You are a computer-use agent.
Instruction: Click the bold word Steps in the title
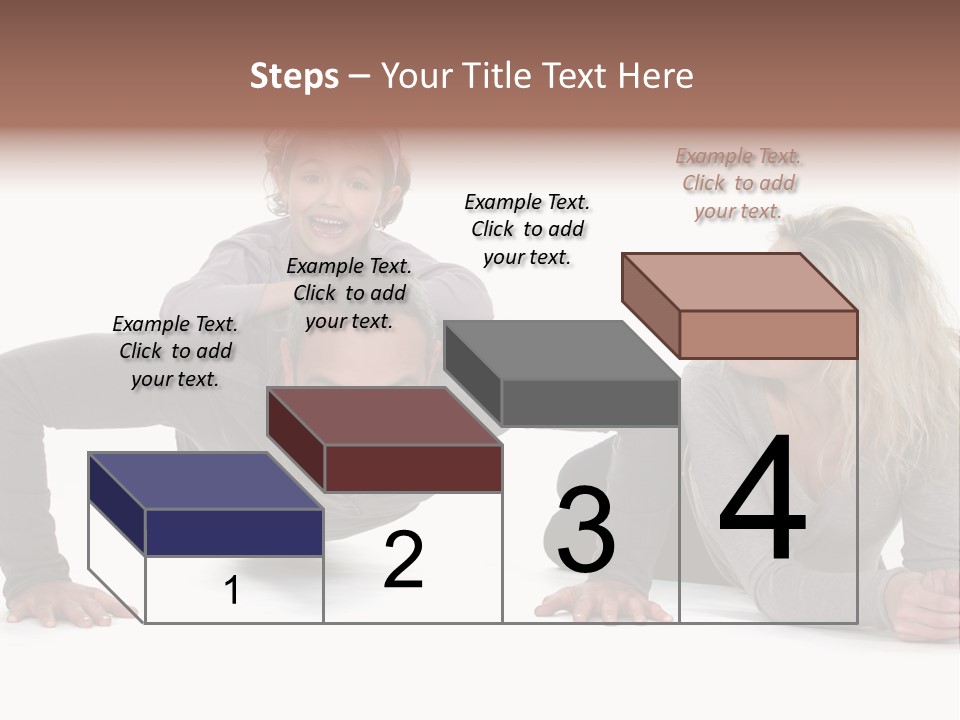(x=293, y=76)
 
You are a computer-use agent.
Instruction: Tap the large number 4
(x=762, y=500)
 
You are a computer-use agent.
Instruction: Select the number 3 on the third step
(x=585, y=530)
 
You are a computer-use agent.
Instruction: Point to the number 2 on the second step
(x=403, y=560)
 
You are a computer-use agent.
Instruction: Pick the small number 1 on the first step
(x=232, y=591)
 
